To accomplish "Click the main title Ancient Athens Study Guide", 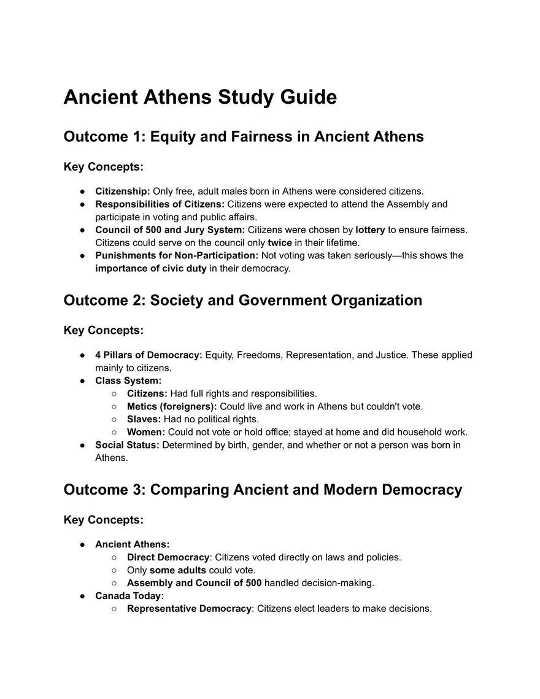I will (x=200, y=98).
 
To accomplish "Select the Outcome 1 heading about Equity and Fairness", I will (x=244, y=136).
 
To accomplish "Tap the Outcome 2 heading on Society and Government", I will (x=243, y=300).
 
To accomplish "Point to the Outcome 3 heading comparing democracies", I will (x=263, y=490).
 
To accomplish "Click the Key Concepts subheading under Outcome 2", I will (x=103, y=331).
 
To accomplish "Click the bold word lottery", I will (x=370, y=230).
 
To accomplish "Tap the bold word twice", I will (x=280, y=242).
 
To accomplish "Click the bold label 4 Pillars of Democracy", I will (x=148, y=355).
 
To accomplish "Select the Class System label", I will (x=128, y=380).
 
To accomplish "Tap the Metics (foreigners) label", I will (x=172, y=406).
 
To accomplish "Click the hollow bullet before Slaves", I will (x=115, y=419).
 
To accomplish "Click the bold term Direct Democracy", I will (x=168, y=557).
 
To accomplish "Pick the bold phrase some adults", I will (x=178, y=570).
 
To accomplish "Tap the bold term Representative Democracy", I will (x=189, y=609).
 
